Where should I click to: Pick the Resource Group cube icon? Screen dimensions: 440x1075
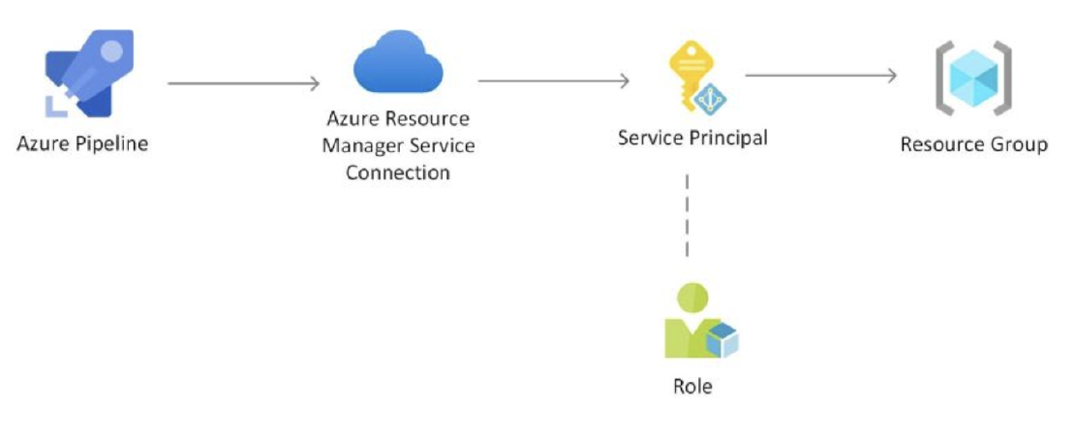click(x=972, y=79)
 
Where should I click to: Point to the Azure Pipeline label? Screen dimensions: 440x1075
click(x=82, y=144)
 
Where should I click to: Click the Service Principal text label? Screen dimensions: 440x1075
click(x=692, y=138)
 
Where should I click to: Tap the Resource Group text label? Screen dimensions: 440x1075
click(x=973, y=144)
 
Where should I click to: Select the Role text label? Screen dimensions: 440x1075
click(x=692, y=386)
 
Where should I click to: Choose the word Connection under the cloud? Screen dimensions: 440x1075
click(x=397, y=173)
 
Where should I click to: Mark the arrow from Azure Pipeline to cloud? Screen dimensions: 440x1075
click(x=243, y=83)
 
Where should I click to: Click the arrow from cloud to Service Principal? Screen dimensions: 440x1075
click(x=554, y=80)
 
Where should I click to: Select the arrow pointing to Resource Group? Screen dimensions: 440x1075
click(x=821, y=76)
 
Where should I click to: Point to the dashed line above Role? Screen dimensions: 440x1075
click(x=688, y=215)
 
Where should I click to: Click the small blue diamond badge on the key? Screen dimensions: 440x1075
click(x=712, y=97)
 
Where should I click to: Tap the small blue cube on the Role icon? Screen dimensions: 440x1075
click(x=722, y=339)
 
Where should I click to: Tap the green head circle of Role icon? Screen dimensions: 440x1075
click(x=693, y=297)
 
